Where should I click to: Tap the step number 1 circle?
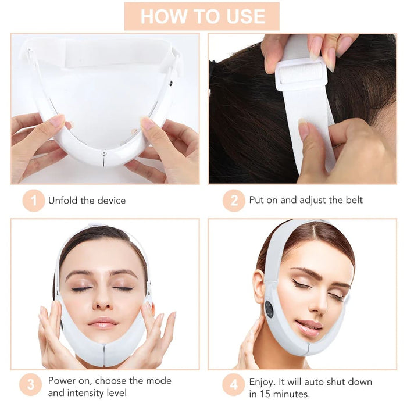click(34, 201)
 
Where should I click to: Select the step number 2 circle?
click(234, 201)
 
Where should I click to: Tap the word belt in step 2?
click(352, 201)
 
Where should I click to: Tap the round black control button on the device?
click(269, 309)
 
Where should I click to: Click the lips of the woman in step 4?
click(309, 327)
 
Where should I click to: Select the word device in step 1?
click(110, 201)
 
